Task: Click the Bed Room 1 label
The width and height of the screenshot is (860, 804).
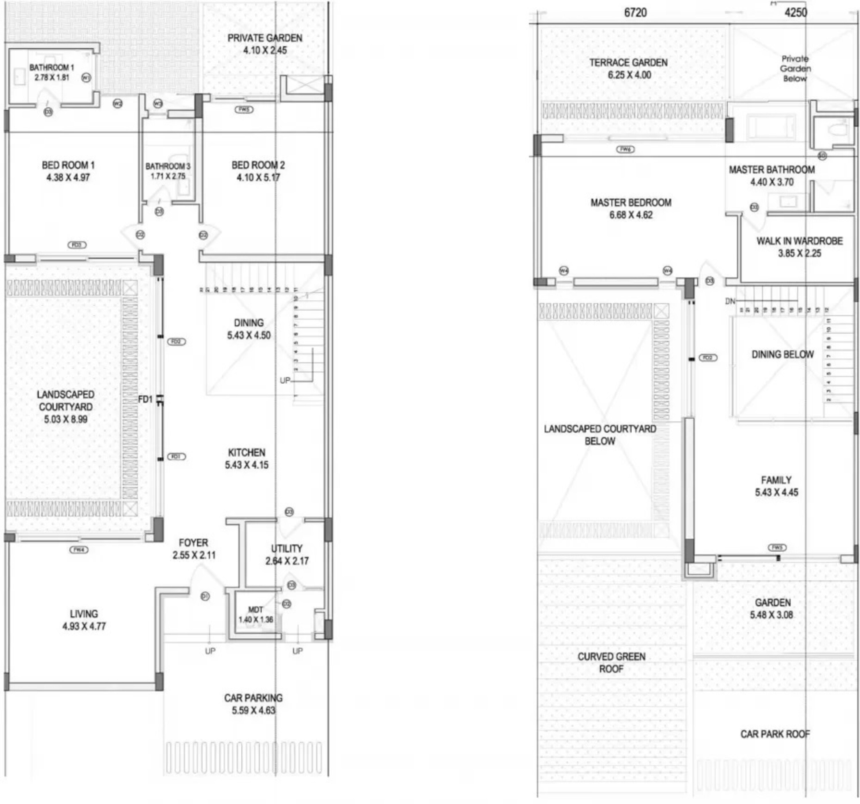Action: click(68, 165)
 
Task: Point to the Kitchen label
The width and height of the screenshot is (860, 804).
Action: click(247, 452)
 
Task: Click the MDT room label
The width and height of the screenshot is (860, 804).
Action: click(255, 610)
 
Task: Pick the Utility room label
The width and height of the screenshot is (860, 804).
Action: click(286, 548)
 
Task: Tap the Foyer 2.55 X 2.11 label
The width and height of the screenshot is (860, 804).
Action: click(193, 549)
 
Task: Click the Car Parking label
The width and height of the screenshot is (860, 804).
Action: click(253, 698)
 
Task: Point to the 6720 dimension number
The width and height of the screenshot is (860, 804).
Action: click(635, 13)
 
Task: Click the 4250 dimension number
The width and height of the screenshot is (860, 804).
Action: click(795, 13)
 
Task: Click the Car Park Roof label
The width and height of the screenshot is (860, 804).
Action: click(775, 734)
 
